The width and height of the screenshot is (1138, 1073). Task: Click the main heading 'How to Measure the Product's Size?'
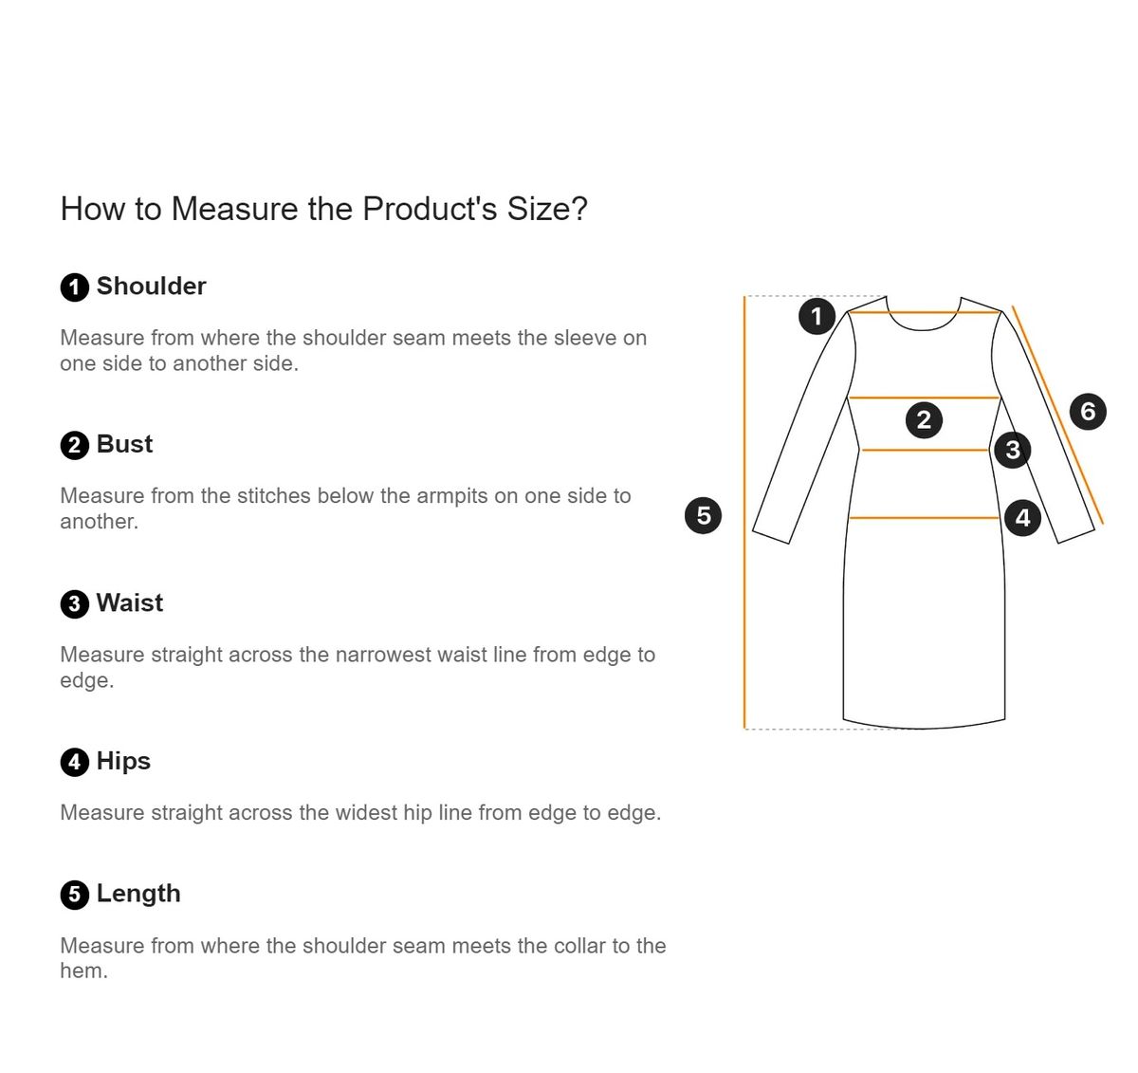[x=323, y=208]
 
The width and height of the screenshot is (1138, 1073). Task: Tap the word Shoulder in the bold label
[x=152, y=286]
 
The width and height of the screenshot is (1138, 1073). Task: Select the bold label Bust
[x=124, y=444]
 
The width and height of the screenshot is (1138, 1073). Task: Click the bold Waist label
[x=130, y=602]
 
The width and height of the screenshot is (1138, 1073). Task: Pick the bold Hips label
[x=123, y=762]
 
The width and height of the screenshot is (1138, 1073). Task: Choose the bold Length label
[x=138, y=894]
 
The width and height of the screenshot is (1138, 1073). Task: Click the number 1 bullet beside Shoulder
[x=75, y=287]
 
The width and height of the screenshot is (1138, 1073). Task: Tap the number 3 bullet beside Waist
[x=75, y=604]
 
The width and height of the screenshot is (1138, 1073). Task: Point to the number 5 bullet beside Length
[x=75, y=896]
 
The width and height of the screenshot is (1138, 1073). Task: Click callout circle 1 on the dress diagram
[x=817, y=316]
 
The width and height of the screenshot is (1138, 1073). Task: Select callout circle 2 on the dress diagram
[x=924, y=419]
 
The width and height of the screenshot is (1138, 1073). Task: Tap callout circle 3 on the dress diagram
[x=1013, y=451]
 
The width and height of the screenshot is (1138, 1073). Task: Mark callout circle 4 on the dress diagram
[x=1023, y=518]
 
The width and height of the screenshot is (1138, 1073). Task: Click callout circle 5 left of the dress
[x=703, y=515]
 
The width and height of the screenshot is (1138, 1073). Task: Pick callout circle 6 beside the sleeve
[x=1088, y=411]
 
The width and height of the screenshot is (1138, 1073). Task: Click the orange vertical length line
[x=744, y=512]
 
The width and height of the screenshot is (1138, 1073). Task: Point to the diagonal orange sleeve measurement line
[x=1057, y=416]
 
